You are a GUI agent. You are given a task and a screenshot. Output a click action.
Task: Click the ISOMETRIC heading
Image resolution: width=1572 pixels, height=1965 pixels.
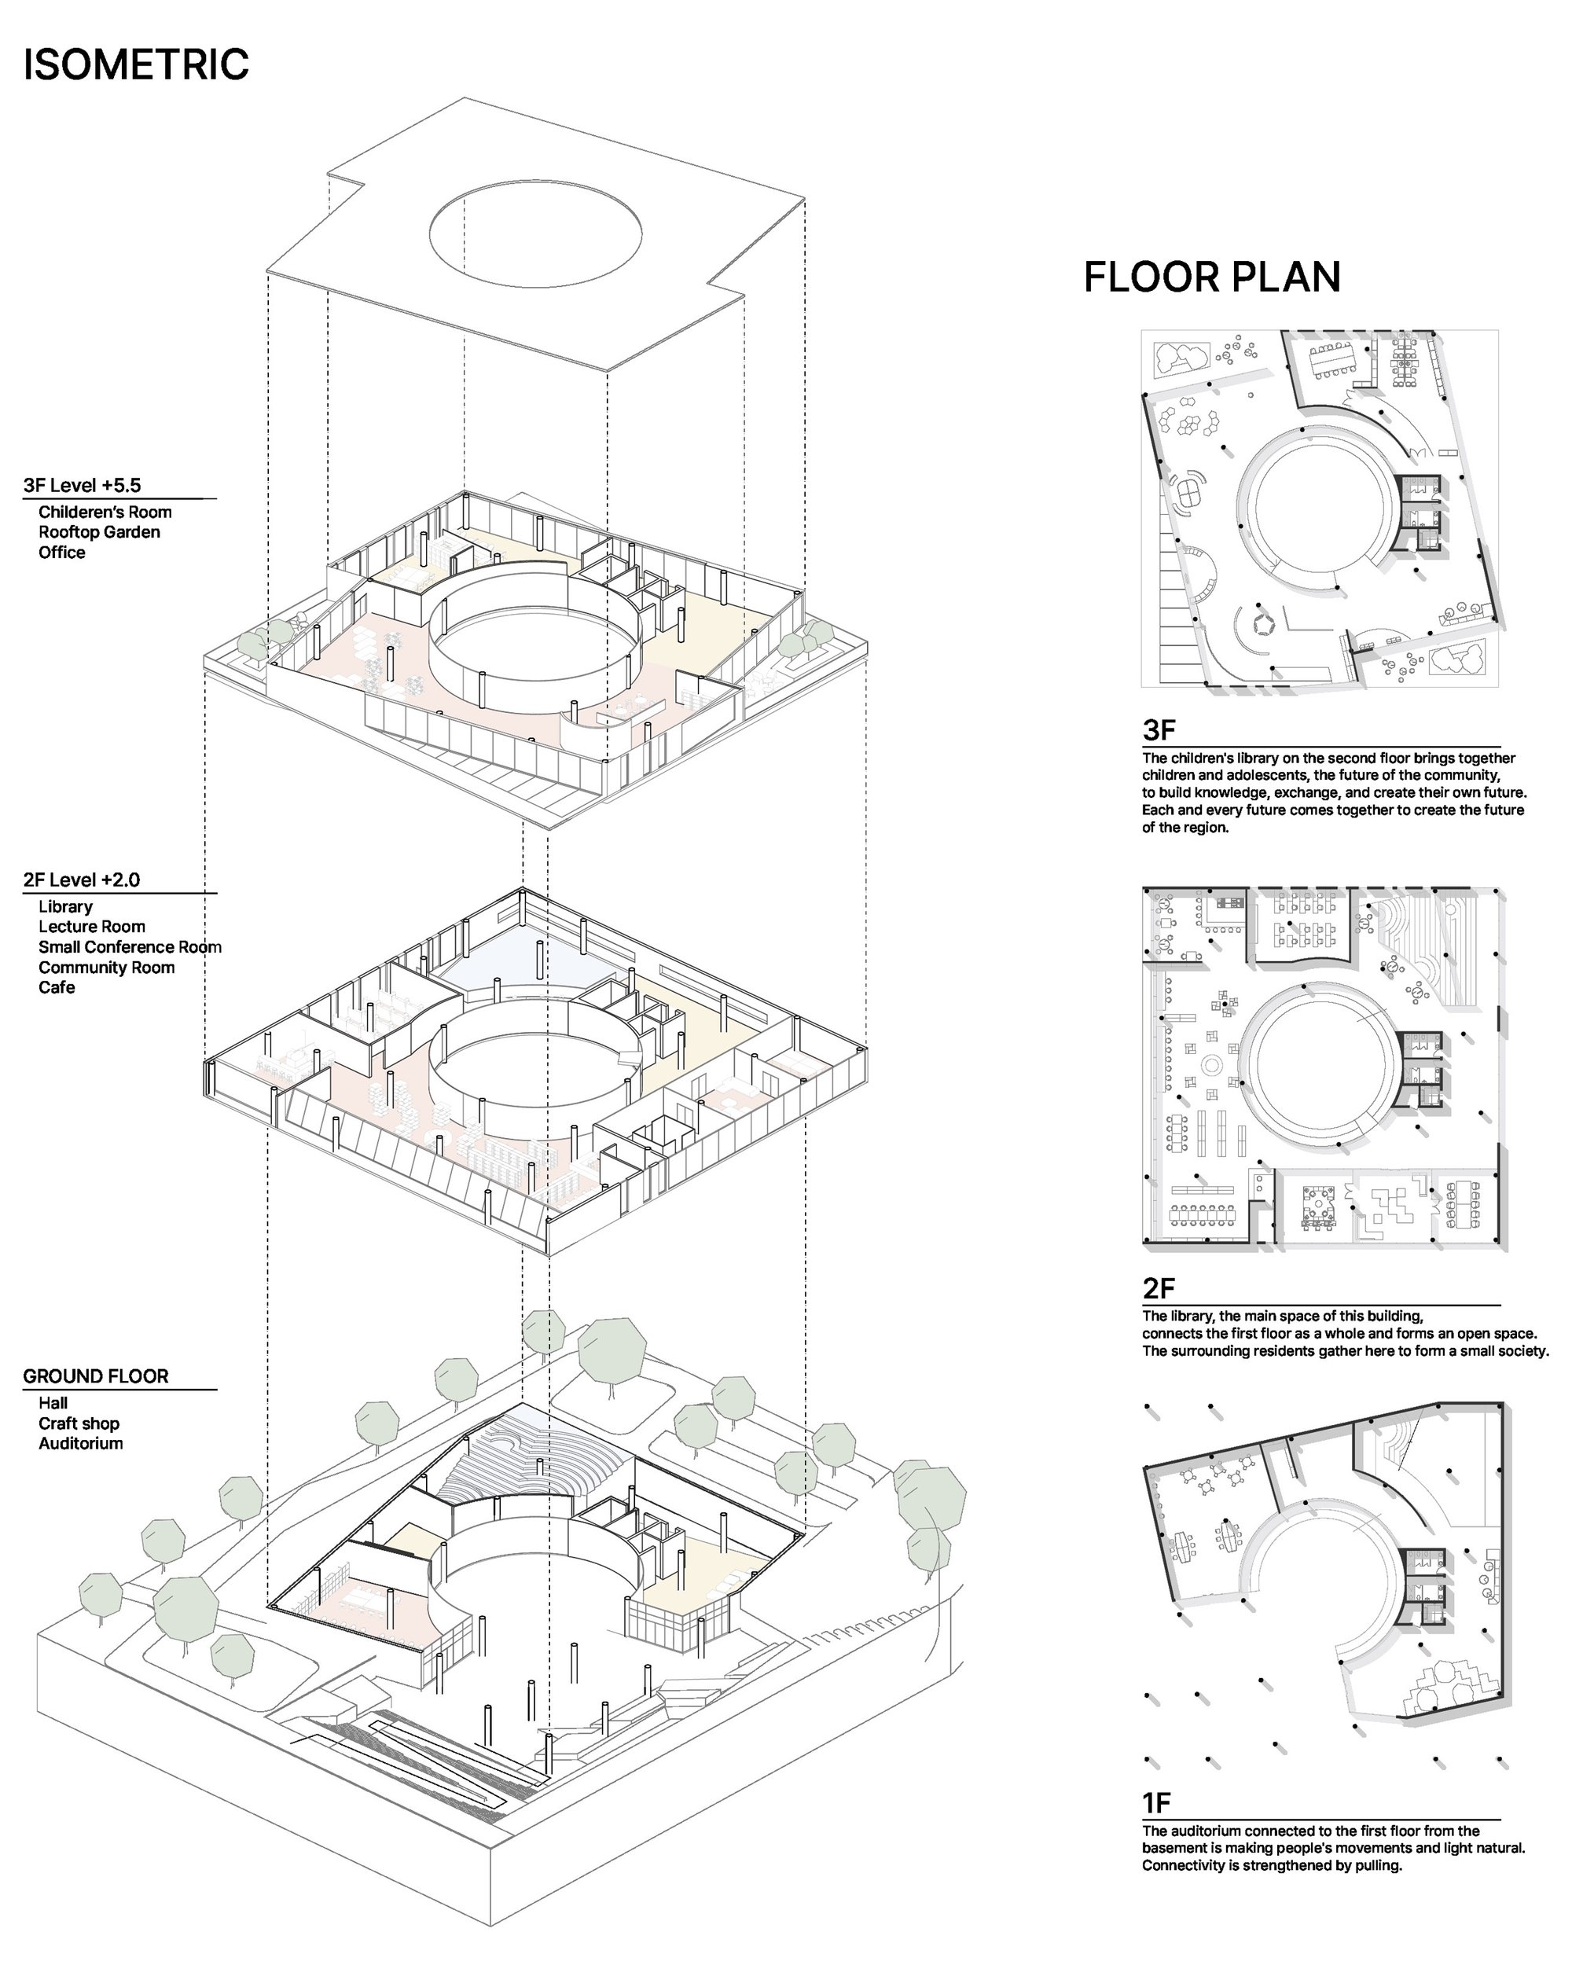tap(136, 64)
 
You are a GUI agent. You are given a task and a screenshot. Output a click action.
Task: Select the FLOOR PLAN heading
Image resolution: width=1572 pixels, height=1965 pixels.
tap(1212, 277)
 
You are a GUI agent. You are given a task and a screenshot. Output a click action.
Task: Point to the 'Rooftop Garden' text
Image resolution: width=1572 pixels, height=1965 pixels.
tap(99, 532)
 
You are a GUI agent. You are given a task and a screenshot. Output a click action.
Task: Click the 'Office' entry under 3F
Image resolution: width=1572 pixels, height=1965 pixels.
tap(62, 553)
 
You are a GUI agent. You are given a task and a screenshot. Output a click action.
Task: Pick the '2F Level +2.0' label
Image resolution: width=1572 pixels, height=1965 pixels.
tap(82, 880)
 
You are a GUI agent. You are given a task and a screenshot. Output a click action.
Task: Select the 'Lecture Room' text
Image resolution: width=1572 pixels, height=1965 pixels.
tap(92, 927)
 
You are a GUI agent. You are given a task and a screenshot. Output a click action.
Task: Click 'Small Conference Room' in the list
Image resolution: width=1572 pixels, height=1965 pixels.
tap(130, 947)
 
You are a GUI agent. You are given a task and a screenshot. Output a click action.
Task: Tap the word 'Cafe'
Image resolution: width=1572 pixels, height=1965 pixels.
tap(57, 987)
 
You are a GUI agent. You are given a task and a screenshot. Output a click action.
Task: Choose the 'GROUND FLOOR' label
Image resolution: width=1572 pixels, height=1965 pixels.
tap(96, 1376)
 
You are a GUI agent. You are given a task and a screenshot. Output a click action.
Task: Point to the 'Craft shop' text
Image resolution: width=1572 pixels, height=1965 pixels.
tap(79, 1423)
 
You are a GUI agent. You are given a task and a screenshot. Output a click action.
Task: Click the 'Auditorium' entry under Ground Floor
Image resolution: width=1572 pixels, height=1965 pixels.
tap(81, 1444)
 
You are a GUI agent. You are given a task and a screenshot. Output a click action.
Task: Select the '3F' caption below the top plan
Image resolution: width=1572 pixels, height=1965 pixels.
tap(1159, 730)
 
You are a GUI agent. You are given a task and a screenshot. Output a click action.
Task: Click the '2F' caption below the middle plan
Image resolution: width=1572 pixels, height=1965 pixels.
tap(1159, 1287)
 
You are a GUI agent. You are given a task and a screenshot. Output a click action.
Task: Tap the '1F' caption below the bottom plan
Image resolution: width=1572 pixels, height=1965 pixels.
tap(1156, 1803)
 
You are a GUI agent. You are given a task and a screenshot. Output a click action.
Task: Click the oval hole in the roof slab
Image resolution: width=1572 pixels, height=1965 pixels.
tap(536, 232)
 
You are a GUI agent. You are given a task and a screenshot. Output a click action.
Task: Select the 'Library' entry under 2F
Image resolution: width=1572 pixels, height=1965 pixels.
tap(65, 907)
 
